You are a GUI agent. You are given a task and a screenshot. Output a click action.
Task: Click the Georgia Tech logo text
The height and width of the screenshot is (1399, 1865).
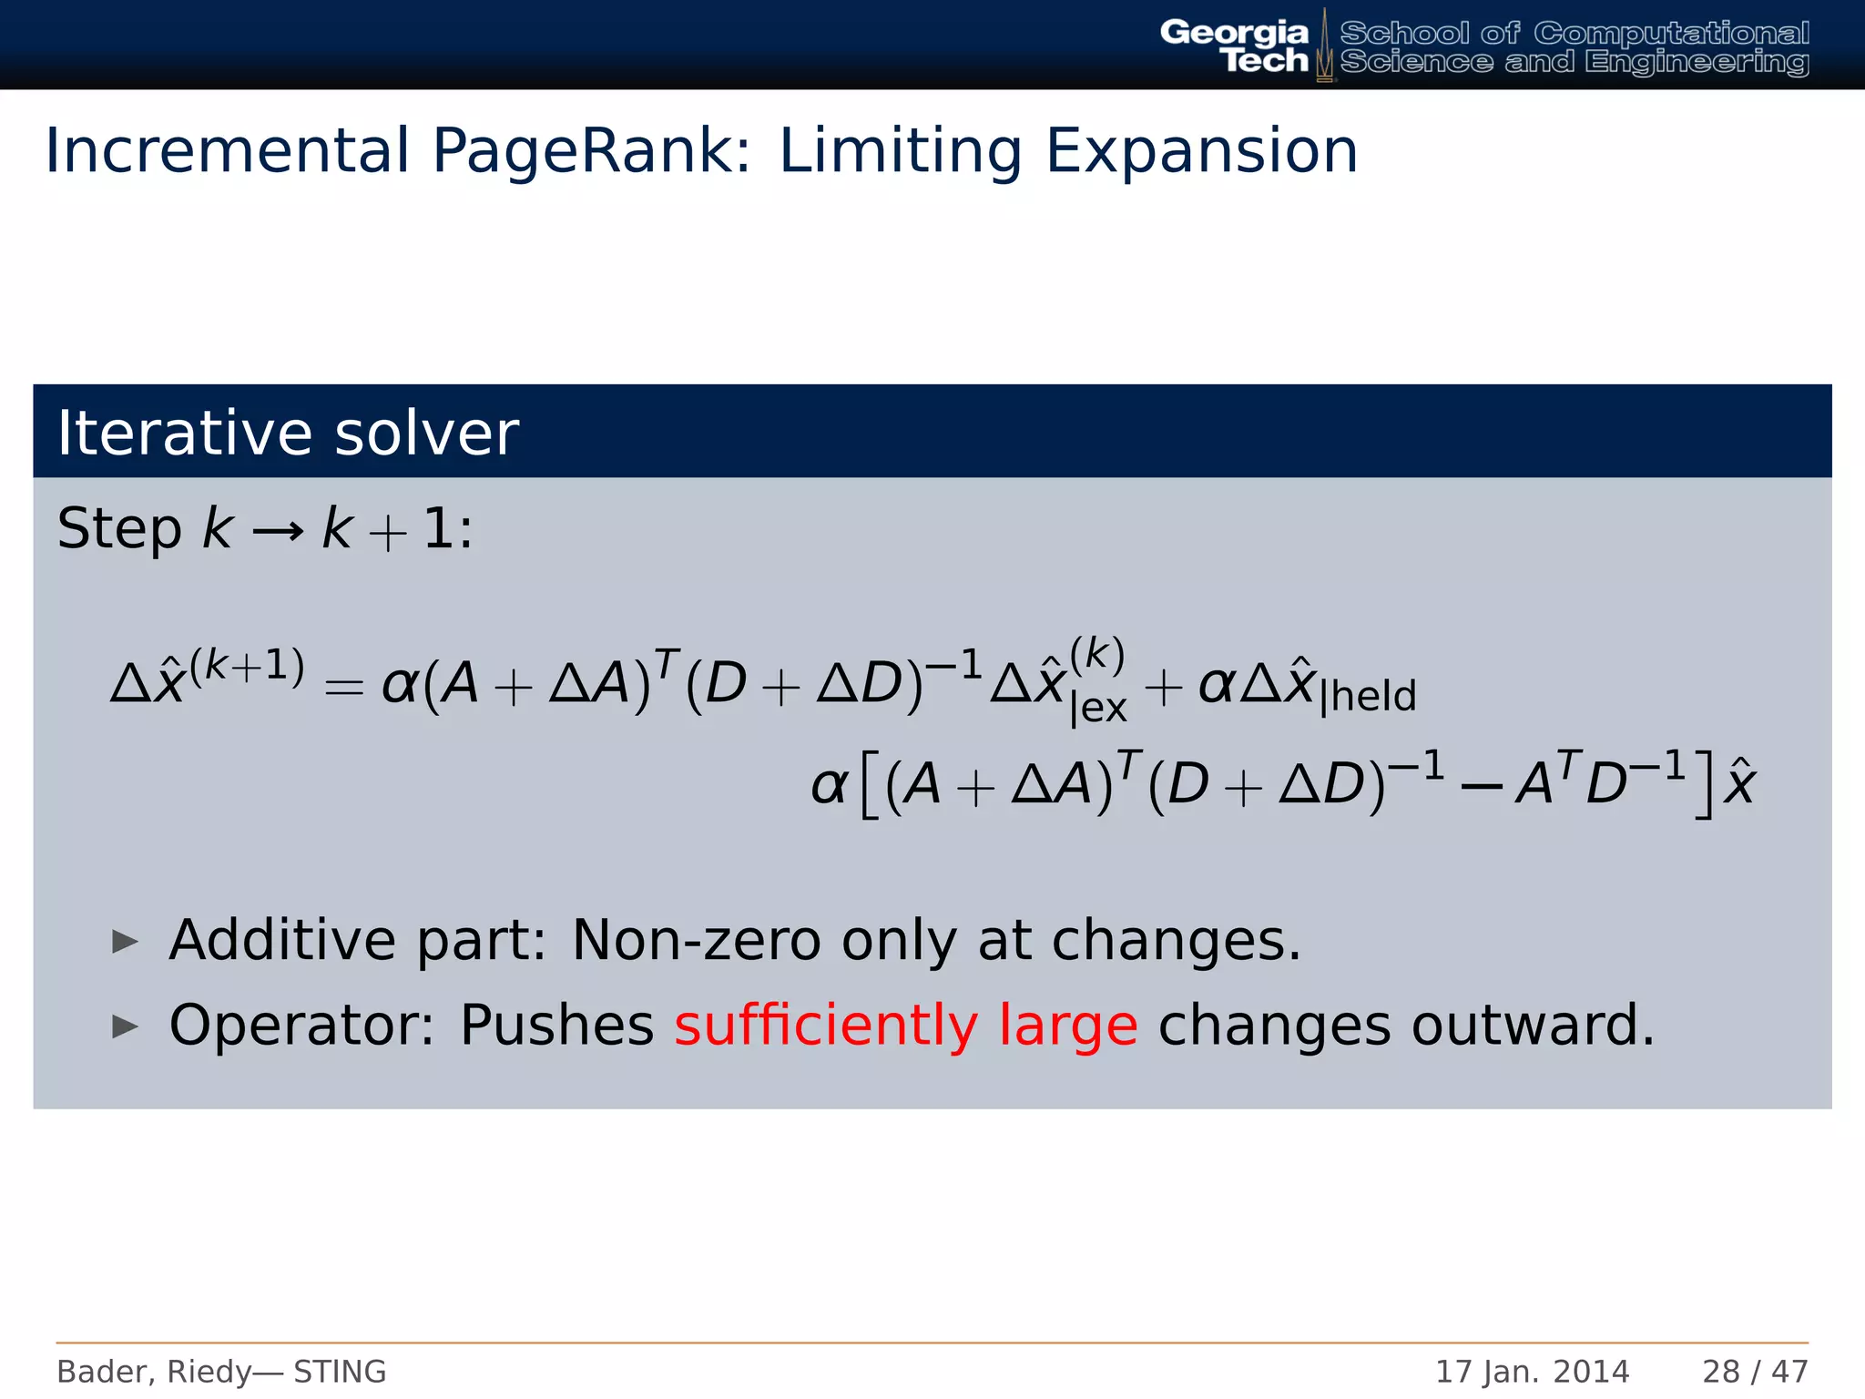(1235, 46)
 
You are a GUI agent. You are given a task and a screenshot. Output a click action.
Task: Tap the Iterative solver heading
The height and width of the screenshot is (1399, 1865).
(288, 433)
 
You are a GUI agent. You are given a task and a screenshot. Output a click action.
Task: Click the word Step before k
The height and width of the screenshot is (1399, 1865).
(119, 529)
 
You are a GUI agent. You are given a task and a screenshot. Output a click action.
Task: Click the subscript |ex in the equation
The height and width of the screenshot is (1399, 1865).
(1098, 708)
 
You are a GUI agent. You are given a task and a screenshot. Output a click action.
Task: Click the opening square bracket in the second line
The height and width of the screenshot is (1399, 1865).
(870, 784)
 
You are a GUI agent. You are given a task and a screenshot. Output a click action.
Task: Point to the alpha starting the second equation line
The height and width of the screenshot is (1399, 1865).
(829, 786)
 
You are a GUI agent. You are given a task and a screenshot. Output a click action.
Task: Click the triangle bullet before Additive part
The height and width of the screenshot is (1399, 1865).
(125, 942)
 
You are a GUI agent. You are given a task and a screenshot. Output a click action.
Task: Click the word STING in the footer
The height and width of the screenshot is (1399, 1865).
(340, 1372)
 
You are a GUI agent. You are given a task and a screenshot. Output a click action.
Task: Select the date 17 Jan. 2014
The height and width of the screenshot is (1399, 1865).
(1532, 1372)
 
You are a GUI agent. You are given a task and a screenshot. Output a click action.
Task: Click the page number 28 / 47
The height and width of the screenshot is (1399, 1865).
(1755, 1372)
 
